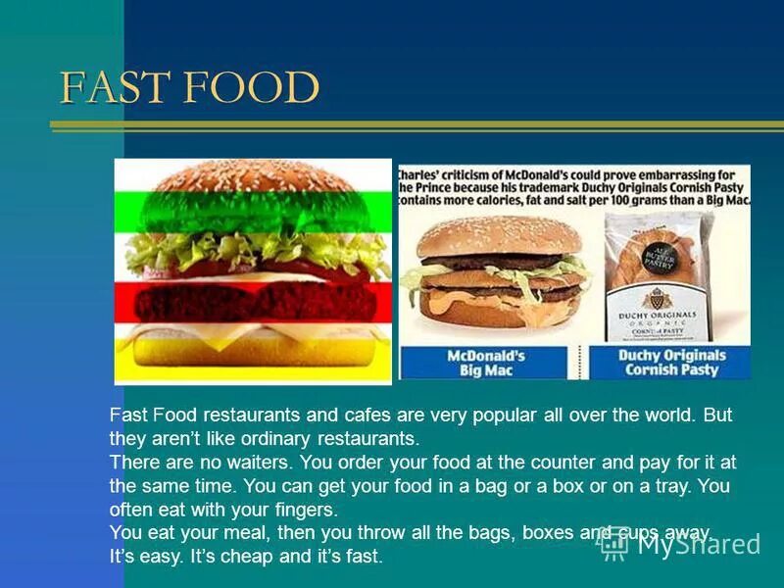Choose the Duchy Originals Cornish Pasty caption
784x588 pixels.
(x=672, y=362)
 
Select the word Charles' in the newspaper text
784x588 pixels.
(x=420, y=174)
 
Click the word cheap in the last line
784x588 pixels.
(x=259, y=557)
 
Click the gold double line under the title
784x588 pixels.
(x=416, y=126)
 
